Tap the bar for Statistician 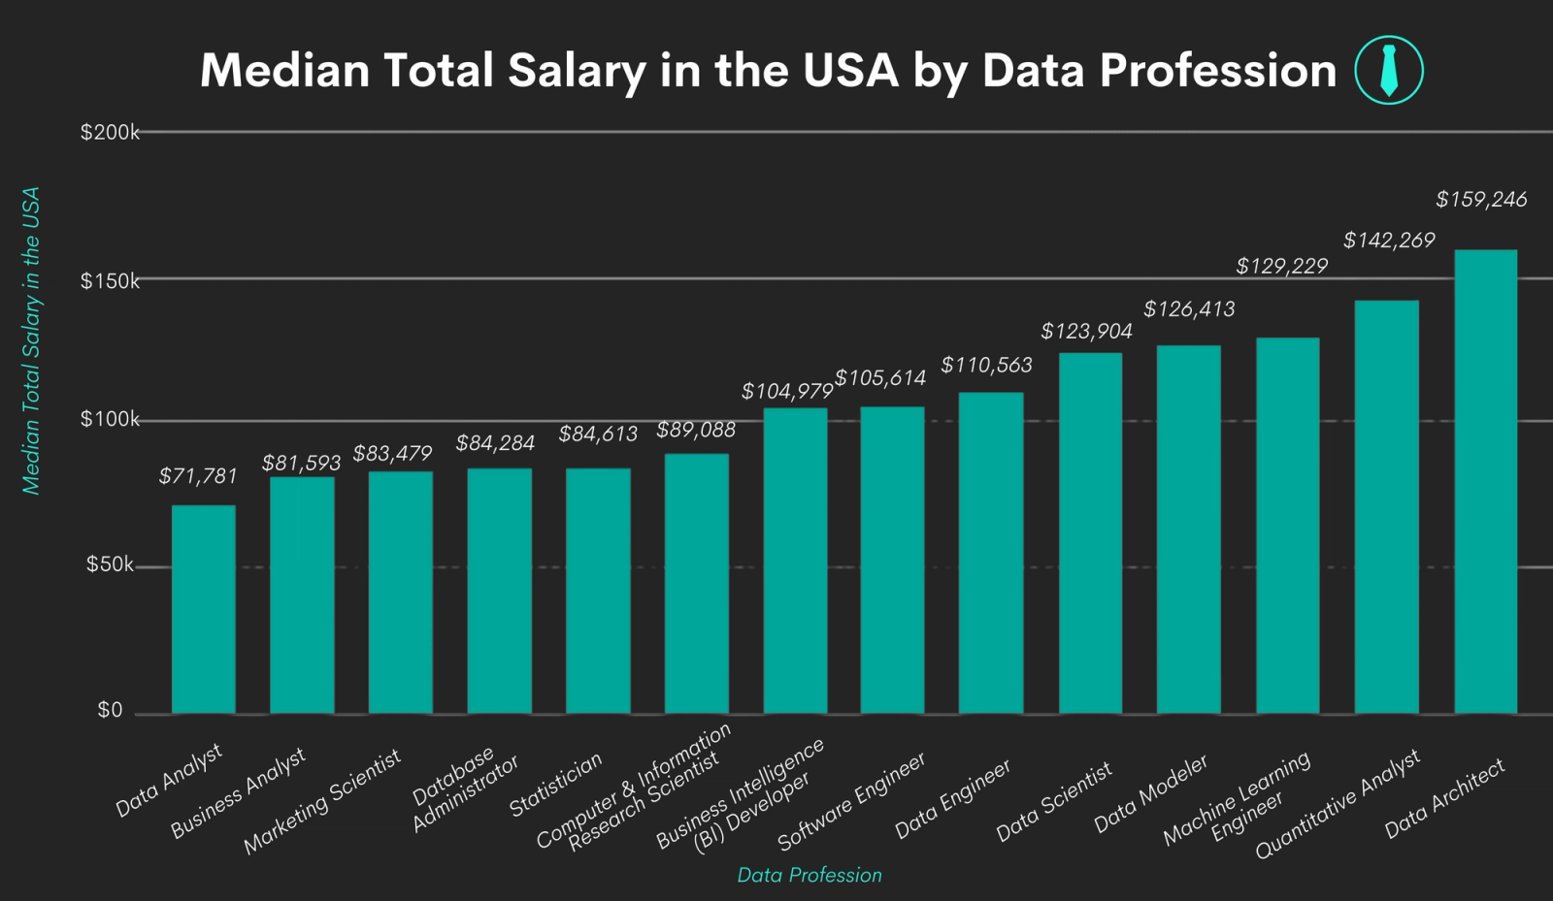(598, 591)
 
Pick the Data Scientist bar (1090, 533)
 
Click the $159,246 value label (1481, 200)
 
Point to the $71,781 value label (198, 476)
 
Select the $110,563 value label (986, 366)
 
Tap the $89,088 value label (696, 430)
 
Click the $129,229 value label (1281, 266)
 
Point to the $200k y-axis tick (110, 133)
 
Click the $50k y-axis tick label (110, 564)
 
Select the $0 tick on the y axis (110, 710)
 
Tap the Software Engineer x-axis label (851, 801)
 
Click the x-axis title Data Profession (810, 875)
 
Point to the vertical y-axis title (31, 340)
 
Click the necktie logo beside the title (1388, 70)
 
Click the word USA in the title (850, 71)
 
